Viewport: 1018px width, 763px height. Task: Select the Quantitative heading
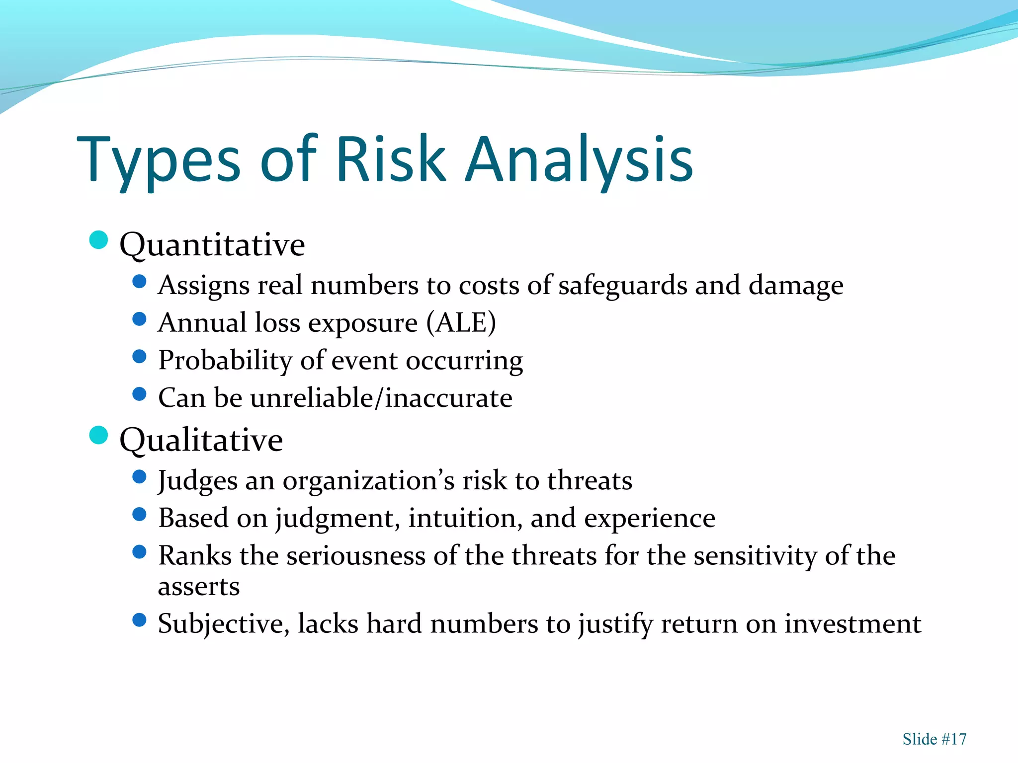click(x=212, y=244)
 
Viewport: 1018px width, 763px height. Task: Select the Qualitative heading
click(x=201, y=440)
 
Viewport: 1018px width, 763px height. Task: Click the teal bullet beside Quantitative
click(x=98, y=240)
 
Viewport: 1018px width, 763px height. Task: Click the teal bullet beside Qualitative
click(x=98, y=435)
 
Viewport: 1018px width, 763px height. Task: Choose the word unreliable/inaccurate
click(x=381, y=398)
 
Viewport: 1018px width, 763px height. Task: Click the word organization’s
click(x=368, y=481)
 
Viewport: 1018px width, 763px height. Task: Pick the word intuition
click(x=465, y=518)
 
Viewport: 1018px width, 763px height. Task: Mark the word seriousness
click(x=356, y=555)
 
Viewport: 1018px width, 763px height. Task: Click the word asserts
click(x=199, y=587)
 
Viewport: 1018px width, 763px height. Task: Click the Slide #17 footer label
click(x=934, y=739)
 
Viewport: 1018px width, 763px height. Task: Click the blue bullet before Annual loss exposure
click(x=140, y=319)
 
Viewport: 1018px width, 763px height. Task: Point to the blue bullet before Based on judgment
click(x=140, y=514)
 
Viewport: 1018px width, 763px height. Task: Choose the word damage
click(x=796, y=286)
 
